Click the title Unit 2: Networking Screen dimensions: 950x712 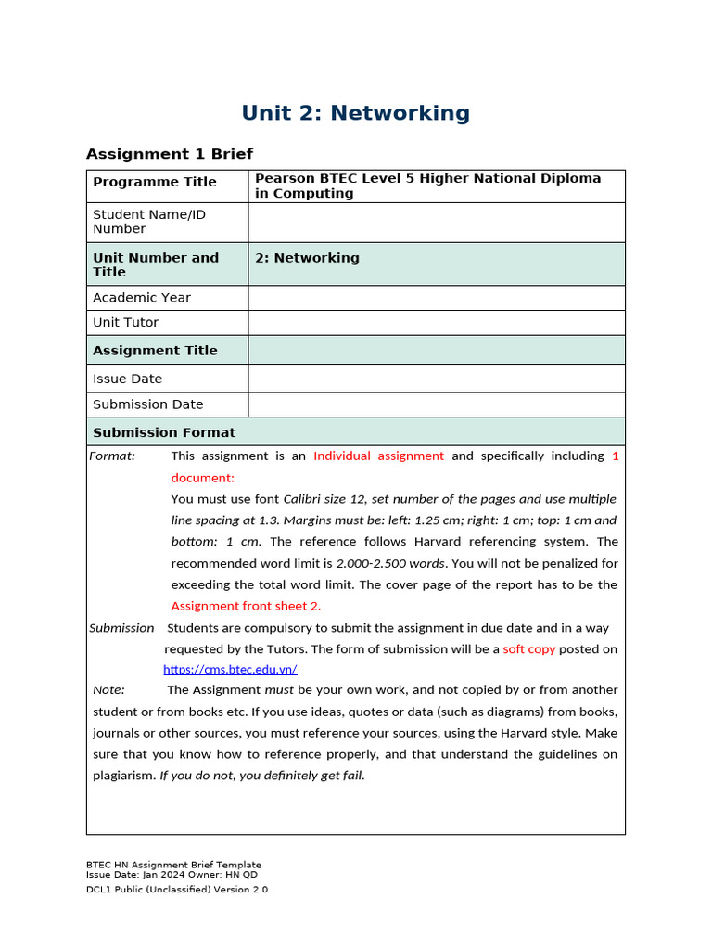click(355, 113)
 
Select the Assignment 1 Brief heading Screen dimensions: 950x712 click(169, 154)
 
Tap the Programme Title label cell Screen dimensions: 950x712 click(155, 182)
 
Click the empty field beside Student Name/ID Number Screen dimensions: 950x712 click(436, 223)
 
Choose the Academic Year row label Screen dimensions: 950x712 click(142, 298)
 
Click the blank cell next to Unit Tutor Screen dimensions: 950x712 click(436, 323)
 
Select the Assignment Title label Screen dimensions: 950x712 click(155, 351)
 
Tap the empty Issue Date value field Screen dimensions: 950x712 click(436, 379)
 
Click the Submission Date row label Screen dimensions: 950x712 click(148, 404)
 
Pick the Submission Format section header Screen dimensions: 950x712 click(164, 432)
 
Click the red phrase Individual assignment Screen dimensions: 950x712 click(378, 456)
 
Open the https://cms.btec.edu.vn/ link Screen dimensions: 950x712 click(230, 669)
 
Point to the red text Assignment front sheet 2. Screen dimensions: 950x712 click(246, 606)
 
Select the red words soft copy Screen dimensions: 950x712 click(528, 648)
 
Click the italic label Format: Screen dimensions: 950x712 click(112, 456)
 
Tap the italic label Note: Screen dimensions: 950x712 click(108, 689)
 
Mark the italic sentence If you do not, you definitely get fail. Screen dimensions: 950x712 click(262, 776)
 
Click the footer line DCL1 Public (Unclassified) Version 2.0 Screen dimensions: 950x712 click(176, 890)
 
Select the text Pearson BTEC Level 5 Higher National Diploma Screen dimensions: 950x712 click(427, 178)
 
